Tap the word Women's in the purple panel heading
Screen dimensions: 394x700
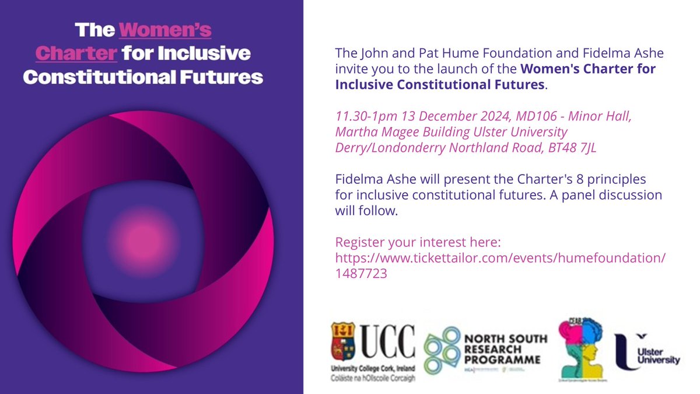pos(166,29)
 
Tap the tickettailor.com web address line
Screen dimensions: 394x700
pos(501,258)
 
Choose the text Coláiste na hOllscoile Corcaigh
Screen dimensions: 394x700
pos(373,379)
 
